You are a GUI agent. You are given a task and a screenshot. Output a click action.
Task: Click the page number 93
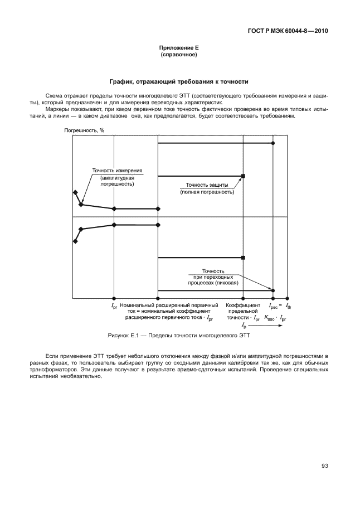tap(324, 466)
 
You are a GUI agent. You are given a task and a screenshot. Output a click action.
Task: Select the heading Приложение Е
tap(179, 49)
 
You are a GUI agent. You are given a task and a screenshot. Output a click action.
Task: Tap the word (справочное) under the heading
tap(179, 55)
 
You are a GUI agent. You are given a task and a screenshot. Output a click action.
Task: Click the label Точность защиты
tap(207, 185)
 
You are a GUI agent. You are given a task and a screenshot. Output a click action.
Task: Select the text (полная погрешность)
tap(207, 192)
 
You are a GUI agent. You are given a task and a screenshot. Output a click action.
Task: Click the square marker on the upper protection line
tap(244, 176)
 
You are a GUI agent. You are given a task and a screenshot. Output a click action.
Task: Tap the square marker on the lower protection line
tap(244, 258)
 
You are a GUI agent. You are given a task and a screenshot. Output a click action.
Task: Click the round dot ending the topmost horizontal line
tap(273, 143)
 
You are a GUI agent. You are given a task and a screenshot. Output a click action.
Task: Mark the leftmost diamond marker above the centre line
tap(75, 192)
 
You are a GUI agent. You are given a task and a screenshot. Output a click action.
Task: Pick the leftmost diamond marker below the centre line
tap(75, 241)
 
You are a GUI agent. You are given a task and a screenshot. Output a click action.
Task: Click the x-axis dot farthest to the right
tap(288, 298)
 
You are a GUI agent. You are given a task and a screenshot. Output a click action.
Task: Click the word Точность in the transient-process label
tap(213, 270)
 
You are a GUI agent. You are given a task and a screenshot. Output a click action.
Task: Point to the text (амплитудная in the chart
tap(117, 177)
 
